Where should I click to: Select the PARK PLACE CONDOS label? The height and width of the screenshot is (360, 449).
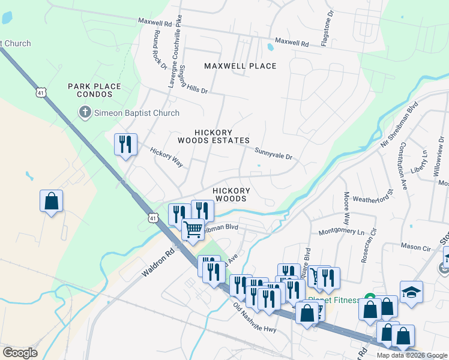click(x=94, y=91)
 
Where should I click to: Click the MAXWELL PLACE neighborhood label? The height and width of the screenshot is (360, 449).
click(x=240, y=66)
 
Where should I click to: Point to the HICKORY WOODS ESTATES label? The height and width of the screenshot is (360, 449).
click(x=213, y=136)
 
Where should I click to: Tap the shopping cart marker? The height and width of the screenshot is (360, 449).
click(x=193, y=229)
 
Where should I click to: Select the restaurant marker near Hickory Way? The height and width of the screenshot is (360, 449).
click(x=125, y=144)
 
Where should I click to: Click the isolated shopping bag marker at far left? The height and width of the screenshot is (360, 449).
click(x=52, y=200)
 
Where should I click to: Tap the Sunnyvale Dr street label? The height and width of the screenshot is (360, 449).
click(x=273, y=154)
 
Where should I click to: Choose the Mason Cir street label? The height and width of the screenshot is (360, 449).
click(x=416, y=247)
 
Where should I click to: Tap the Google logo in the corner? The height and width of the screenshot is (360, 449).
click(x=20, y=353)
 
